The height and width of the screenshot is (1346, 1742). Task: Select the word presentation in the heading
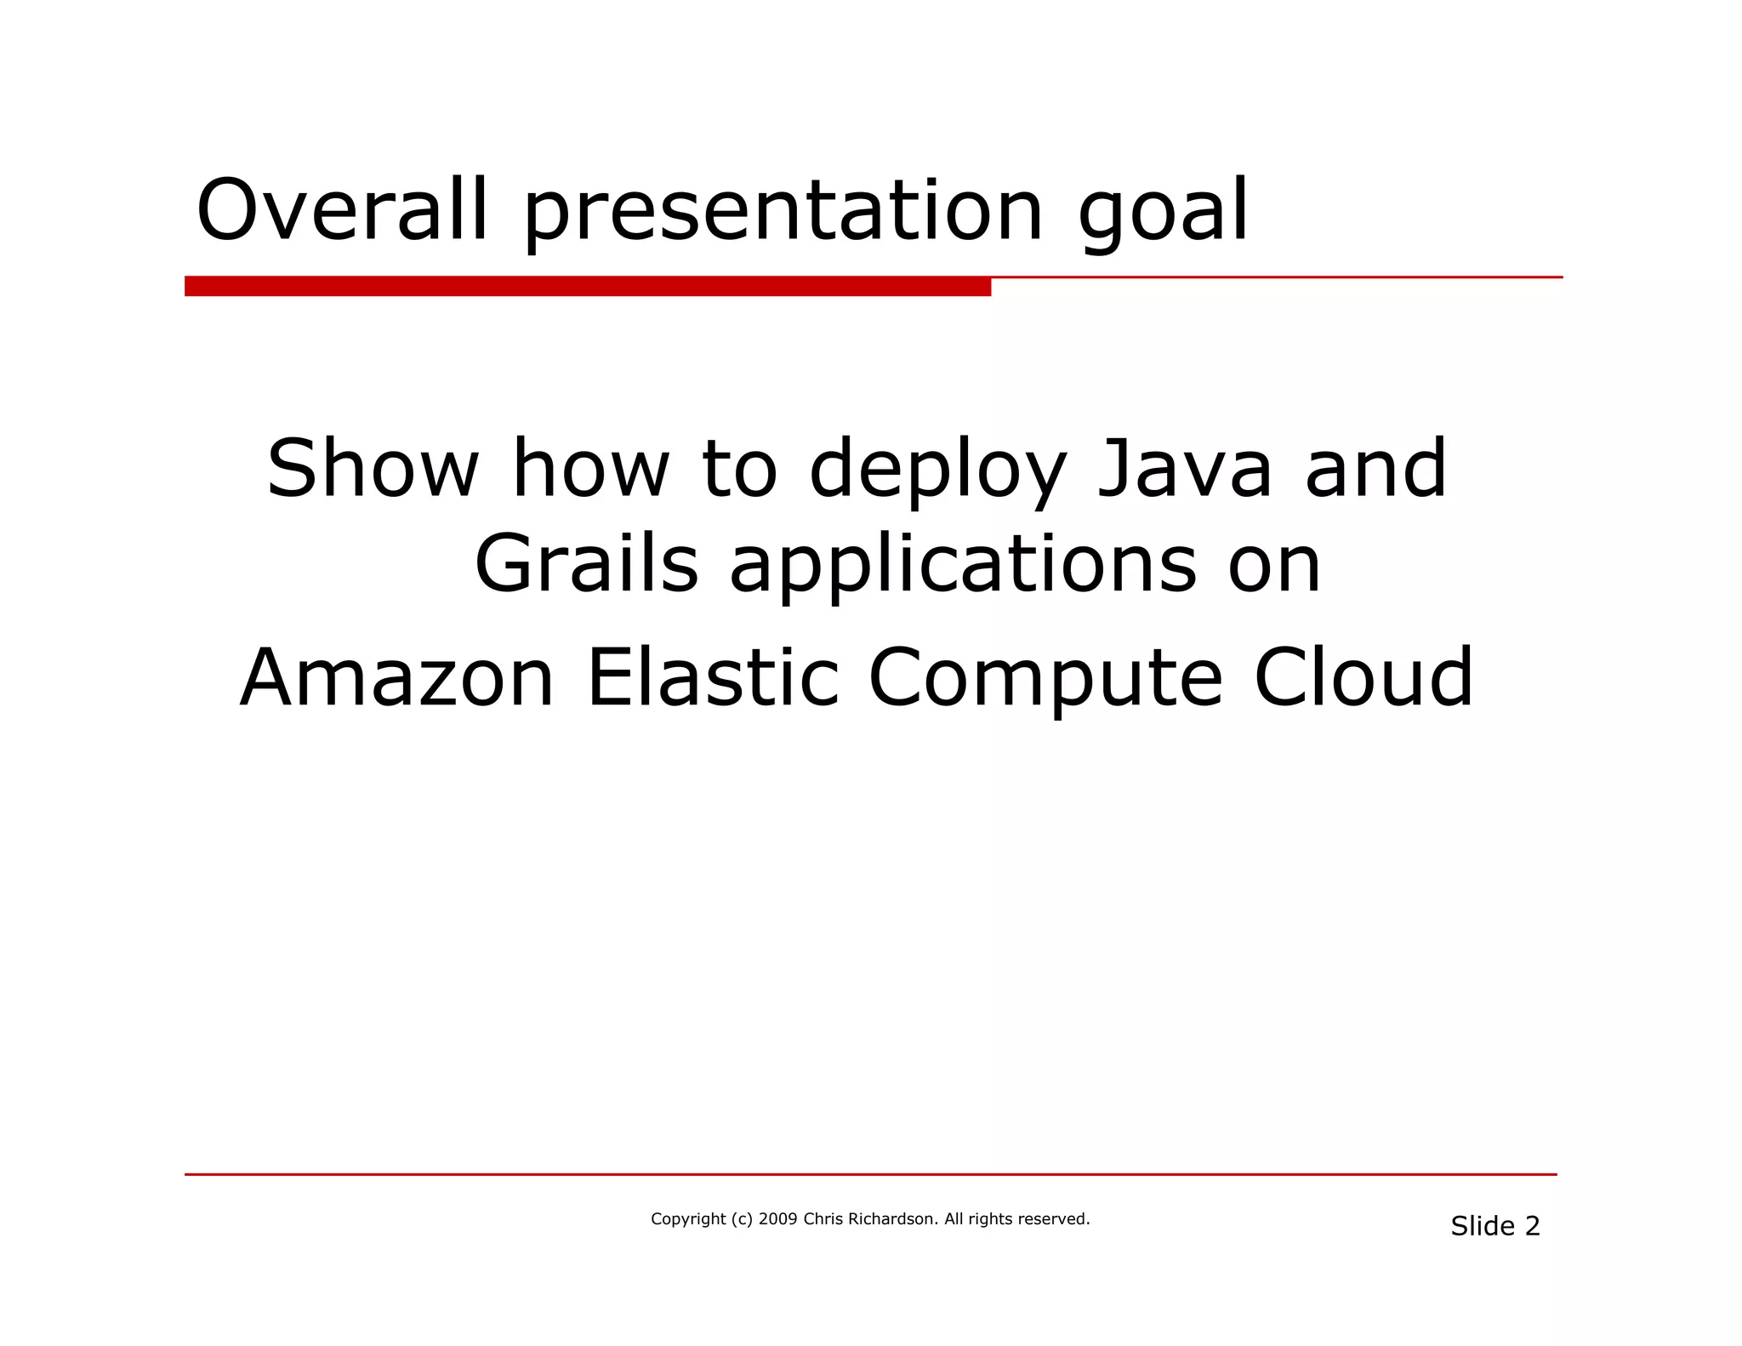[x=783, y=213]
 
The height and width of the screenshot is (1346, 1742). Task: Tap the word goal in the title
[x=1163, y=213]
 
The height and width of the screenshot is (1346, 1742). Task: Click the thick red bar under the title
[x=587, y=287]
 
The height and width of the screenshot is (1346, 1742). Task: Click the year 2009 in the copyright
[x=777, y=1218]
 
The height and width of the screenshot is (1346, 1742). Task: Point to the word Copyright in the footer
[x=688, y=1219]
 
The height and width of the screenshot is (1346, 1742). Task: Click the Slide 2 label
[x=1494, y=1226]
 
